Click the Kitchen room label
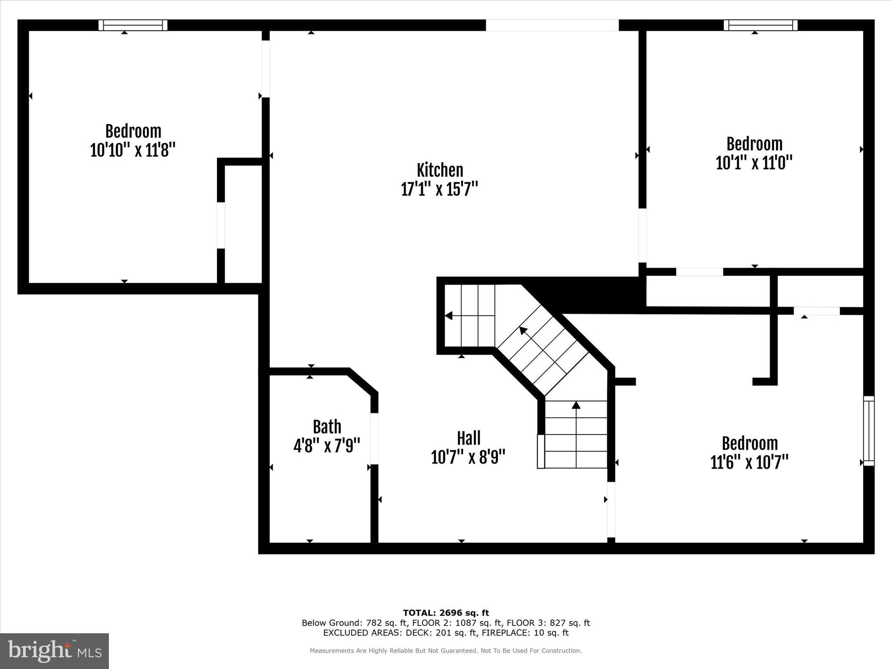pyautogui.click(x=439, y=170)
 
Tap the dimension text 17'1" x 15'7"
pyautogui.click(x=439, y=189)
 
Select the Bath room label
pyautogui.click(x=327, y=427)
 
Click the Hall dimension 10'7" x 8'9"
pyautogui.click(x=468, y=457)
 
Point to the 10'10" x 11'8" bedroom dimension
pyautogui.click(x=133, y=150)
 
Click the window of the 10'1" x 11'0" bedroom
pyautogui.click(x=760, y=25)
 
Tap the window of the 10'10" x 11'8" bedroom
pyautogui.click(x=133, y=25)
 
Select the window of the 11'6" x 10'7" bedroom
pyautogui.click(x=868, y=431)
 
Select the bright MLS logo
pyautogui.click(x=54, y=651)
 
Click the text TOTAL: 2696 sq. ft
pyautogui.click(x=446, y=613)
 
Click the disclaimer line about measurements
pyautogui.click(x=446, y=651)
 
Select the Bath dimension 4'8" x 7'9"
pyautogui.click(x=327, y=446)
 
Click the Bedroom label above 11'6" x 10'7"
pyautogui.click(x=750, y=443)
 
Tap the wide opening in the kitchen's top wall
pyautogui.click(x=552, y=25)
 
